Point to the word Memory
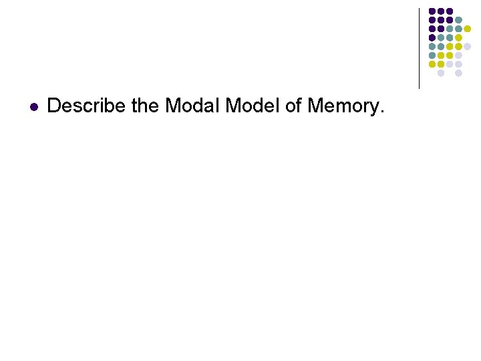(343, 106)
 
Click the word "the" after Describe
(145, 106)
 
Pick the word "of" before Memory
(294, 106)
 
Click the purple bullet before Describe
(33, 106)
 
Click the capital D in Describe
(54, 106)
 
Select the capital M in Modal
(172, 106)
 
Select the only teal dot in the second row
(458, 20)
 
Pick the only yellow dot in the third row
(467, 29)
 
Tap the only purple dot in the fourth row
(432, 37)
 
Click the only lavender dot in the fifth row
(467, 46)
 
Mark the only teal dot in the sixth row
(432, 55)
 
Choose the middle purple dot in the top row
(441, 11)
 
